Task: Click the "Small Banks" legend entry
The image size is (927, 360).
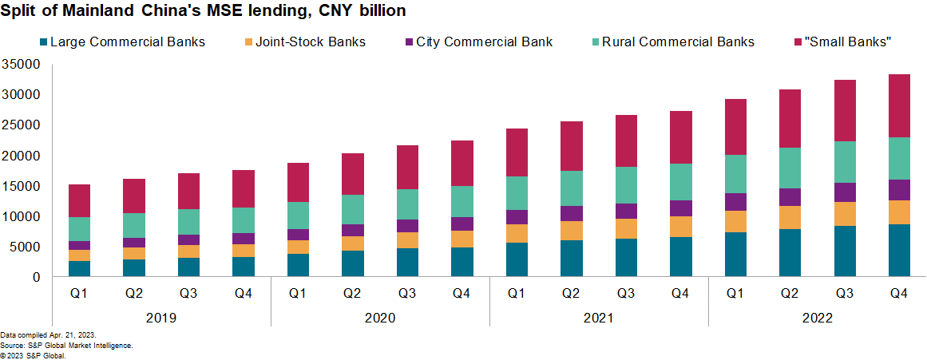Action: point(849,42)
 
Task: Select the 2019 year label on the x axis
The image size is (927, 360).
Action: point(162,318)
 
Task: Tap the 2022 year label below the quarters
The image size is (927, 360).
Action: point(818,318)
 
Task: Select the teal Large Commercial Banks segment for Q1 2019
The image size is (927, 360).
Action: point(79,268)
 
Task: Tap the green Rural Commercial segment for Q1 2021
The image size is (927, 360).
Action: point(517,193)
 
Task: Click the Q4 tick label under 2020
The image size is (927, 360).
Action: point(462,293)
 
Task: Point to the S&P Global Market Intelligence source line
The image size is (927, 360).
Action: point(66,345)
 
